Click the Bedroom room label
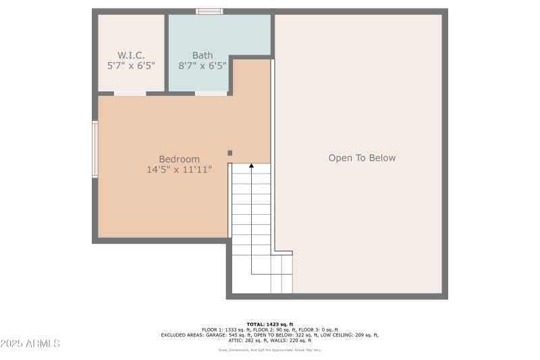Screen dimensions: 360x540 point(179,159)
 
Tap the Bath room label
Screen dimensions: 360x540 point(202,55)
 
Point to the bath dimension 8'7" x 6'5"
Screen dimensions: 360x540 point(202,66)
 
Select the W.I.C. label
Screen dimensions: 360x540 point(131,55)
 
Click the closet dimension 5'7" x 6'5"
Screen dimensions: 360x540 point(131,66)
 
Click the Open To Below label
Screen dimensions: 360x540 point(362,158)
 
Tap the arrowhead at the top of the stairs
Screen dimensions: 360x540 point(252,165)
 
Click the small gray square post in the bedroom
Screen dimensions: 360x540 point(230,153)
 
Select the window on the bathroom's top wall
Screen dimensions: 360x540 point(209,11)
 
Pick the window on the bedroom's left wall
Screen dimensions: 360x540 point(95,149)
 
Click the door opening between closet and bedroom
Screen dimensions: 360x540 point(130,94)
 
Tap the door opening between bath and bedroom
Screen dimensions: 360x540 point(211,94)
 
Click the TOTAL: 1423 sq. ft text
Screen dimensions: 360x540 point(269,324)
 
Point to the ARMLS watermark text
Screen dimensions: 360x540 point(30,344)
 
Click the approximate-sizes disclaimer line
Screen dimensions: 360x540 point(269,350)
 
